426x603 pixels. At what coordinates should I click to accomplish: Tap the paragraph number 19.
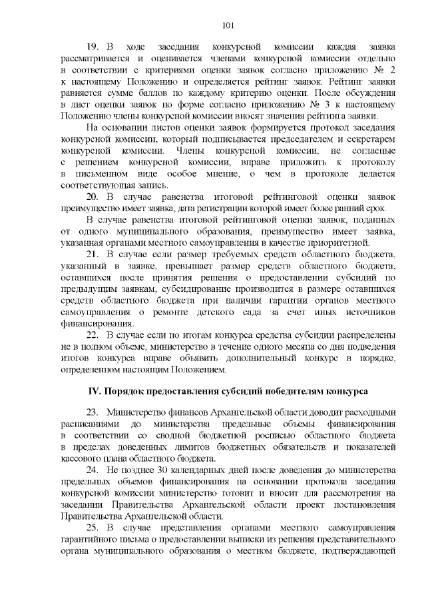pos(93,47)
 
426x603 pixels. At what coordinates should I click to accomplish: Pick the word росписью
pos(249,436)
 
